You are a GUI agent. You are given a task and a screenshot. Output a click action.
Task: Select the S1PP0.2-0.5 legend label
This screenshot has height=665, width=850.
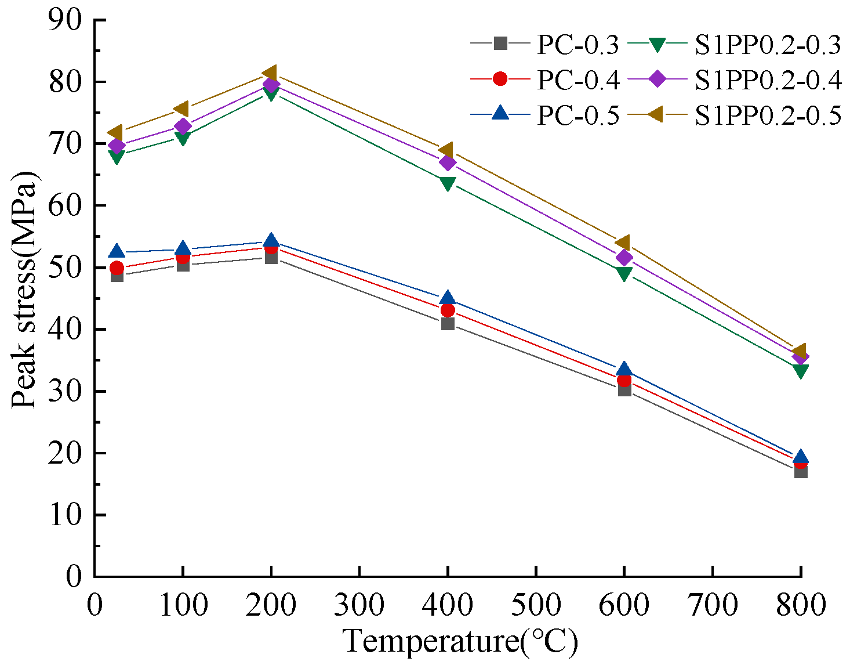coord(768,115)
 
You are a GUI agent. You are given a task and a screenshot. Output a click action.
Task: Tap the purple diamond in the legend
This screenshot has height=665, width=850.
coord(658,80)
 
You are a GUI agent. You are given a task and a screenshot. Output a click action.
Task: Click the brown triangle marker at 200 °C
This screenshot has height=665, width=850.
coord(270,73)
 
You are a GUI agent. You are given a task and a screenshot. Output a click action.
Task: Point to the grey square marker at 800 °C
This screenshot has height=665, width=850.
coord(801,471)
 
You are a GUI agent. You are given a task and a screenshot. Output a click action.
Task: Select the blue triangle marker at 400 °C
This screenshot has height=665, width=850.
coord(447,299)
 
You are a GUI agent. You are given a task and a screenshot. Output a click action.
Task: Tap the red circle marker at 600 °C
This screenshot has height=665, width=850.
coord(624,380)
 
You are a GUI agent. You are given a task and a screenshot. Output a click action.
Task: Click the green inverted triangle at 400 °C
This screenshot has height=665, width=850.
coord(447,184)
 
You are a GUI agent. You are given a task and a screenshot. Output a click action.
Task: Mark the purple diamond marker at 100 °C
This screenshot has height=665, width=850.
coord(183,126)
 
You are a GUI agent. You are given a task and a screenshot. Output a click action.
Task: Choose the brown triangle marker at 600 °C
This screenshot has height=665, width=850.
coord(624,243)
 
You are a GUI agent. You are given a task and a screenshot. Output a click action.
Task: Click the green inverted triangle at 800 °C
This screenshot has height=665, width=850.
coord(801,371)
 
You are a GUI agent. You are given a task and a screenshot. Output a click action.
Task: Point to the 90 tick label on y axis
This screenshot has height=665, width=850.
coord(66,21)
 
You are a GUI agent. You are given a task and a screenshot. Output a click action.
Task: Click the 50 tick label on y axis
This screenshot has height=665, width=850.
coord(66,268)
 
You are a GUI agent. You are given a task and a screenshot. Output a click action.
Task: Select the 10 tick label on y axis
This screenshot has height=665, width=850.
coord(66,515)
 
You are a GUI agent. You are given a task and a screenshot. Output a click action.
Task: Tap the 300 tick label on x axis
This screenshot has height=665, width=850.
coord(359,605)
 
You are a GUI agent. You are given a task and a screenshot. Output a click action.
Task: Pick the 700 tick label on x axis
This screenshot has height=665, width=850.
coord(712,605)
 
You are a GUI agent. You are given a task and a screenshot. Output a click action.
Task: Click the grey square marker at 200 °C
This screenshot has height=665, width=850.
coord(271,256)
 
